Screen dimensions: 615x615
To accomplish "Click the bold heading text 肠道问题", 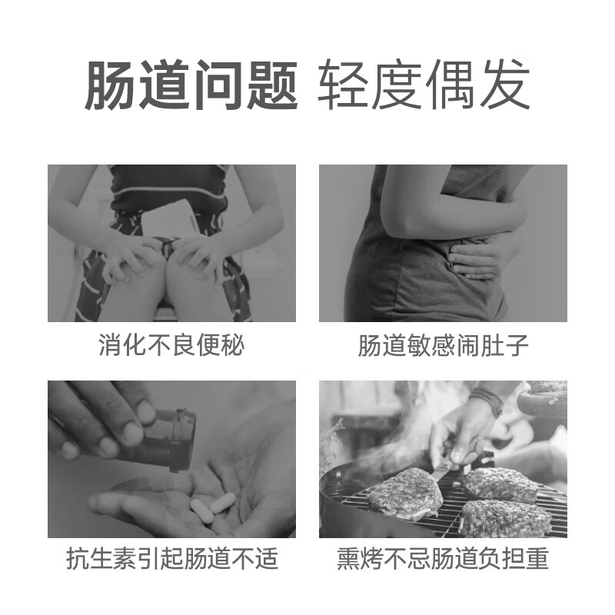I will pos(190,85).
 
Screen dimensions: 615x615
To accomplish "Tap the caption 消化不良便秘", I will pos(171,346).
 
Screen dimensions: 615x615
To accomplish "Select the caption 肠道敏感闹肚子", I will pos(444,346).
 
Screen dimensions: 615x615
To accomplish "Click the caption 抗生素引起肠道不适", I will pos(171,560).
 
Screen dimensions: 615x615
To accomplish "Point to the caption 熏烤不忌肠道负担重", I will pos(444,560).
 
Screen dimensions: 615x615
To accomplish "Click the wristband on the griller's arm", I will pos(487,401).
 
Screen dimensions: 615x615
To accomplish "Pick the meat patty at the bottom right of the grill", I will pos(504,518).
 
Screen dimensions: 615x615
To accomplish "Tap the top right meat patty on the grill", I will pos(501,484).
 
